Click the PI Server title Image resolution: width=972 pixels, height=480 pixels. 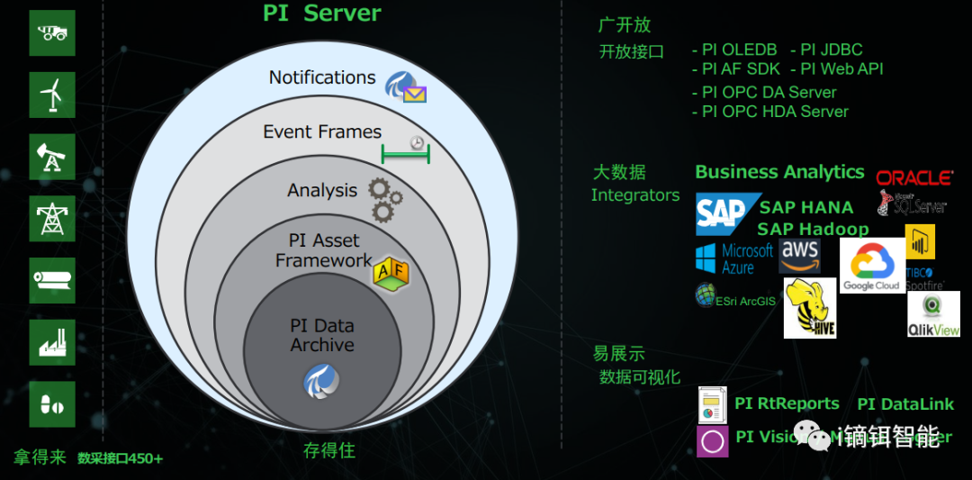pyautogui.click(x=322, y=14)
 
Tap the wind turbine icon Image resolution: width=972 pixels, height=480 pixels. pyautogui.click(x=52, y=94)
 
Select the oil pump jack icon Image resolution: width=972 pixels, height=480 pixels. pyautogui.click(x=52, y=157)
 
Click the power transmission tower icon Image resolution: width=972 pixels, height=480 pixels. pyautogui.click(x=52, y=218)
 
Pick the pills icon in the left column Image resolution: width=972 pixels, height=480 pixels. pyautogui.click(x=52, y=404)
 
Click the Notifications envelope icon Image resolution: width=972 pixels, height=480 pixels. pyautogui.click(x=406, y=86)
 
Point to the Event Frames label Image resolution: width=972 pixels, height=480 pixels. pyautogui.click(x=322, y=131)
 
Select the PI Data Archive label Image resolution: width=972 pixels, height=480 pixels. pyautogui.click(x=321, y=335)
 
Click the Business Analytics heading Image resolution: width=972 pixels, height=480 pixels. pyautogui.click(x=779, y=172)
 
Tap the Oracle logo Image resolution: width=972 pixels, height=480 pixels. pyautogui.click(x=914, y=177)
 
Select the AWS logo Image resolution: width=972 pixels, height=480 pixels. pyautogui.click(x=800, y=255)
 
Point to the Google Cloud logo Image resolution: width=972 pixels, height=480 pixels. pyautogui.click(x=872, y=265)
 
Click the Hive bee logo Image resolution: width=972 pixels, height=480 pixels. pyautogui.click(x=810, y=308)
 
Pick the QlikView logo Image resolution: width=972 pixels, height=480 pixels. pyautogui.click(x=933, y=314)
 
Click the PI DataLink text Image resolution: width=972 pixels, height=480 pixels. pyautogui.click(x=905, y=404)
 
